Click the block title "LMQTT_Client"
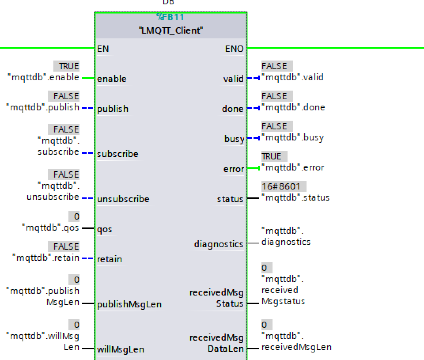[171, 30]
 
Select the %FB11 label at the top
[170, 17]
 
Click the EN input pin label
[103, 49]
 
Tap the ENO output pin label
[234, 49]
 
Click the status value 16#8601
[281, 186]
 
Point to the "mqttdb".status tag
[295, 197]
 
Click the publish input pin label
[113, 109]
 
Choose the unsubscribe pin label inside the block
[123, 199]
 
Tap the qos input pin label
[104, 229]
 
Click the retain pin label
[110, 259]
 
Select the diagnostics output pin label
[219, 244]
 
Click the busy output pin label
[234, 139]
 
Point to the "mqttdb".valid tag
[293, 77]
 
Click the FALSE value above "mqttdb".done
[274, 96]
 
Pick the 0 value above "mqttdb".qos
[76, 216]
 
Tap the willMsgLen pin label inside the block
[121, 349]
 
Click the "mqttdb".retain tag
[45, 258]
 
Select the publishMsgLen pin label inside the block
[129, 304]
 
